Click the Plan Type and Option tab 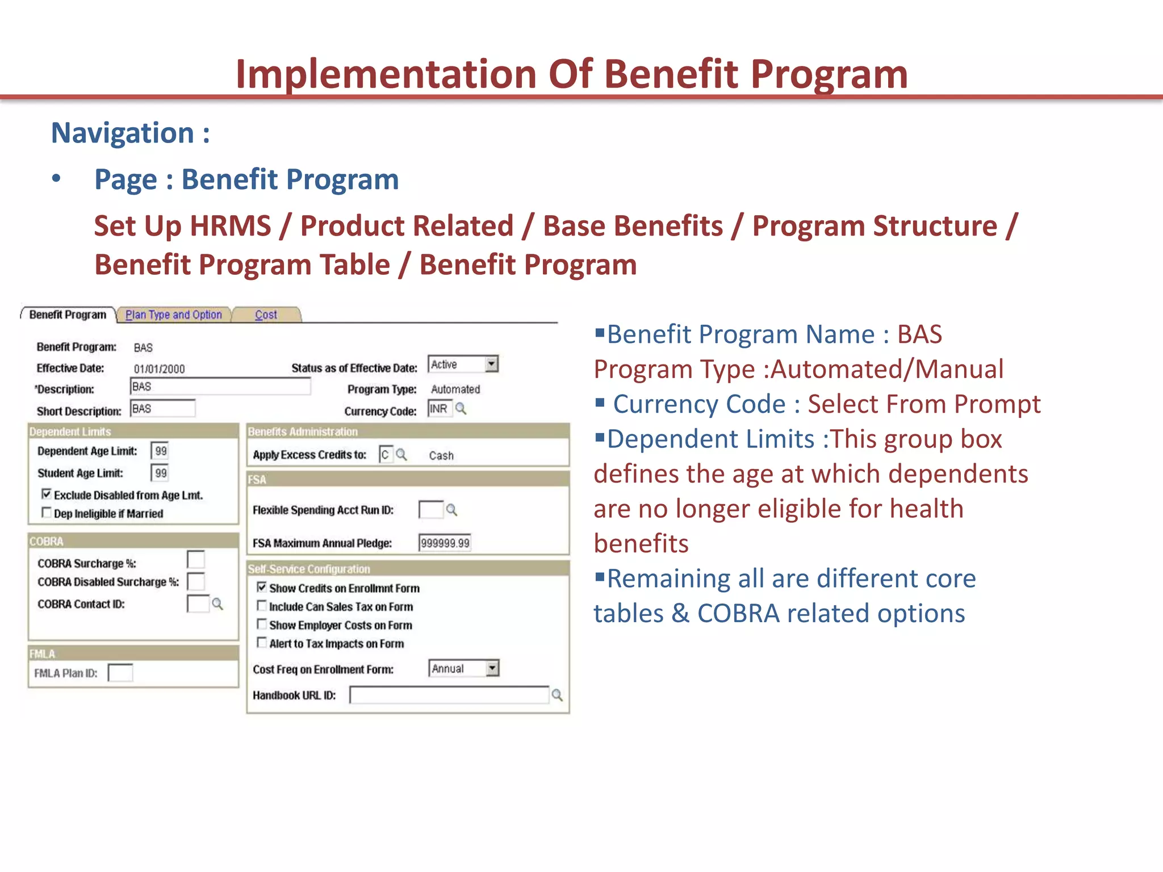pos(173,315)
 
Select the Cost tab pos(266,315)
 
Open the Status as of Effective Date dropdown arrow pos(492,364)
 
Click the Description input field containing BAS pos(220,387)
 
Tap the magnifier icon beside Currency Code pos(461,409)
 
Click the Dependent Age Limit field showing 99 pos(161,451)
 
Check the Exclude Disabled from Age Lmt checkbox pos(47,494)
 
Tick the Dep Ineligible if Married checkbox pos(47,513)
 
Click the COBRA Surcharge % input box pos(196,560)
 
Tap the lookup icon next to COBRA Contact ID pos(217,604)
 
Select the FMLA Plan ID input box pos(120,673)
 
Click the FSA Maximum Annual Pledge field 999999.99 pos(445,543)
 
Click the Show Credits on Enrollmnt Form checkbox pos(262,588)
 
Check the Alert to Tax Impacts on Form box pos(262,643)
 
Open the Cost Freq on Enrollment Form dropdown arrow pos(492,668)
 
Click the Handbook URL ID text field pos(449,695)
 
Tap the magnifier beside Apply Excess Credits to pos(401,455)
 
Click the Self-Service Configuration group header pos(309,569)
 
